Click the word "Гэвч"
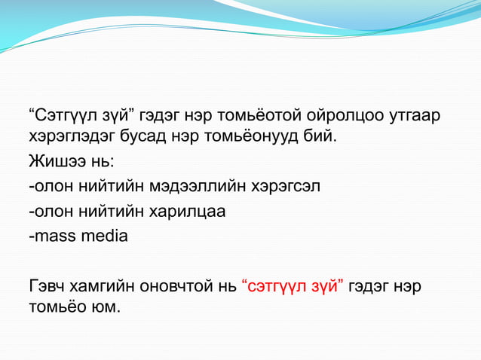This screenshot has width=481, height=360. [x=46, y=286]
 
